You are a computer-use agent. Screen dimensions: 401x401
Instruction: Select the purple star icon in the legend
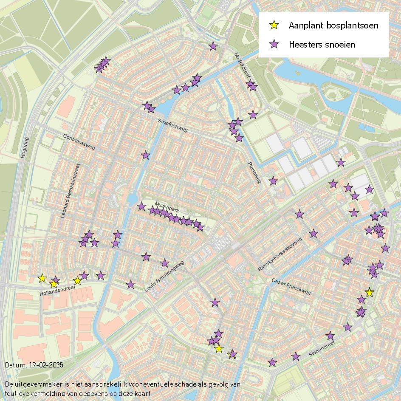(275, 44)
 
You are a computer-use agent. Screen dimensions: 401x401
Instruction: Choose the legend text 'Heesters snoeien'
(322, 44)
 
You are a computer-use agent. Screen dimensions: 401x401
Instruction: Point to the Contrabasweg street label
(79, 142)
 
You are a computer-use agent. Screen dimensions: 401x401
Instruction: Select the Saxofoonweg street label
(172, 125)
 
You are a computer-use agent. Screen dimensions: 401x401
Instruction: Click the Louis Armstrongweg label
(164, 277)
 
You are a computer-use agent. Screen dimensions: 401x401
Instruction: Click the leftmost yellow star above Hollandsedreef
(42, 278)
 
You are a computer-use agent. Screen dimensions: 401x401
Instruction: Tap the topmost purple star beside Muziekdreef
(213, 46)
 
